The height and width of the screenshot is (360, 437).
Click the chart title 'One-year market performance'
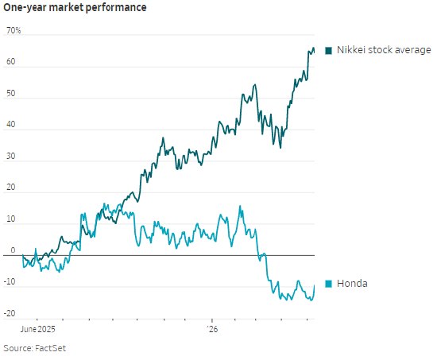point(75,7)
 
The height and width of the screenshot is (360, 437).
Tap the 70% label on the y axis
point(14,30)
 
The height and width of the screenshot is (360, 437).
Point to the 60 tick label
point(11,61)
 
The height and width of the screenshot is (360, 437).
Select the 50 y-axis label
point(11,93)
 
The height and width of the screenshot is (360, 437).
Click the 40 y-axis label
point(11,124)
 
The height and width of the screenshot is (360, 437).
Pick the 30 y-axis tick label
point(11,156)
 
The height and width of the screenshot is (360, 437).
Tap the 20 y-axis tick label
point(11,187)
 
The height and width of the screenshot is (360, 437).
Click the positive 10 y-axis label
point(11,219)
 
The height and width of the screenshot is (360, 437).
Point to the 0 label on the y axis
point(13,250)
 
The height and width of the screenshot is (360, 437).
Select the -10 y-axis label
point(10,281)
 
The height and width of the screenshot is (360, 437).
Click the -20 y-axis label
point(10,313)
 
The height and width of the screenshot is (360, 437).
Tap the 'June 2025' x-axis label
point(38,329)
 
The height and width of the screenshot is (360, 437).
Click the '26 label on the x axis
point(212,329)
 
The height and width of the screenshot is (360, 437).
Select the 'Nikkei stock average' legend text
point(384,50)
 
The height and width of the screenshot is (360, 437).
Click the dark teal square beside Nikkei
point(329,51)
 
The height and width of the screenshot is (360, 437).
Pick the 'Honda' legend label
point(352,284)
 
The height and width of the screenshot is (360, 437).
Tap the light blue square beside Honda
point(329,284)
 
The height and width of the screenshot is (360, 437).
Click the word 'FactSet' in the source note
point(50,348)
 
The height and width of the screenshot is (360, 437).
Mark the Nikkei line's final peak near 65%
point(313,48)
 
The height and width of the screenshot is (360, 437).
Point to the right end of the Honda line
point(315,285)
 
